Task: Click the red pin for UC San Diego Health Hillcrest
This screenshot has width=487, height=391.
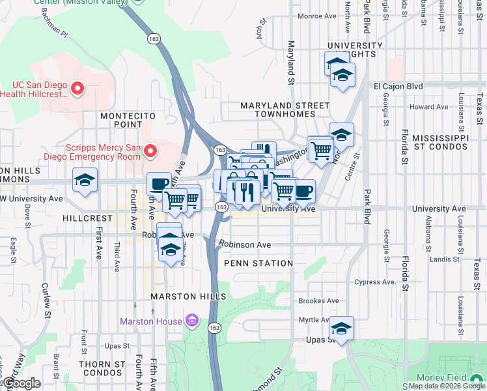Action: pos(77,88)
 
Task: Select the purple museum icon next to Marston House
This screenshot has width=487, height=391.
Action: pos(191,321)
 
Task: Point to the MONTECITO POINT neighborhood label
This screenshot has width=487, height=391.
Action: pos(121,119)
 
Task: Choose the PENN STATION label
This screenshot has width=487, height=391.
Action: pos(258,263)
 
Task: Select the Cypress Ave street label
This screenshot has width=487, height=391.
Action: pos(375,282)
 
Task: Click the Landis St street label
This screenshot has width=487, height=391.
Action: pos(445,259)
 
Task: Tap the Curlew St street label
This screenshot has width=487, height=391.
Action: pos(46,302)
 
